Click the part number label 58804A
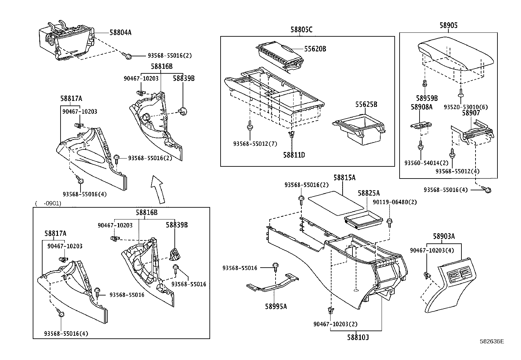(x=120, y=32)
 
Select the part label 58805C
(x=301, y=30)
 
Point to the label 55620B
(x=315, y=49)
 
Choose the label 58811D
(x=294, y=155)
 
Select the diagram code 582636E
(x=492, y=341)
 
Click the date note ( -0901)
(x=48, y=203)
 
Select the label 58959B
(x=427, y=98)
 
